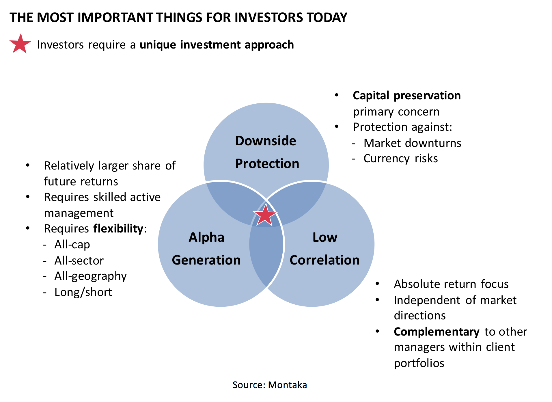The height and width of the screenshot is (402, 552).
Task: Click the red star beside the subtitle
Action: click(20, 44)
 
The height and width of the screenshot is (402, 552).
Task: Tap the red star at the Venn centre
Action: click(265, 215)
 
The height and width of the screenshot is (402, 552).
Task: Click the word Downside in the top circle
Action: click(266, 141)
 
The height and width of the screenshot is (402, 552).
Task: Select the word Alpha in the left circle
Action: click(206, 238)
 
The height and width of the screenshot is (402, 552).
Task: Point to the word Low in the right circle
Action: click(325, 237)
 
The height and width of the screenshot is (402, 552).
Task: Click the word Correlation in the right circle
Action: click(325, 260)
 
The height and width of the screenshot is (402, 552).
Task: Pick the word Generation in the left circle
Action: click(206, 260)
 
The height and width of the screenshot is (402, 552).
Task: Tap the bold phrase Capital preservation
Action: click(406, 96)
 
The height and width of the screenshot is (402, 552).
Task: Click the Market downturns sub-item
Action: click(412, 143)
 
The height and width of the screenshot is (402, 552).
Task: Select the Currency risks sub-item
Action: click(400, 159)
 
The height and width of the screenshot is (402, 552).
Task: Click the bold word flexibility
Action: click(118, 229)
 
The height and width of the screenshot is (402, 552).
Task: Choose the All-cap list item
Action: click(72, 245)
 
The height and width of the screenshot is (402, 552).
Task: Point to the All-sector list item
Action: click(79, 260)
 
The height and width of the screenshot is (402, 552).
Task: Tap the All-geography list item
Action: click(90, 276)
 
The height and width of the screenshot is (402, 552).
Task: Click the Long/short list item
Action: click(83, 292)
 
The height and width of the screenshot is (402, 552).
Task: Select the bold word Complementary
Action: click(437, 332)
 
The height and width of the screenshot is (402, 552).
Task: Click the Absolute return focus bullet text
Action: click(451, 284)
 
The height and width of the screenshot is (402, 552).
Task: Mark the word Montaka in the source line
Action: click(288, 385)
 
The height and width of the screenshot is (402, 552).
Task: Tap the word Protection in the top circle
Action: click(267, 164)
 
